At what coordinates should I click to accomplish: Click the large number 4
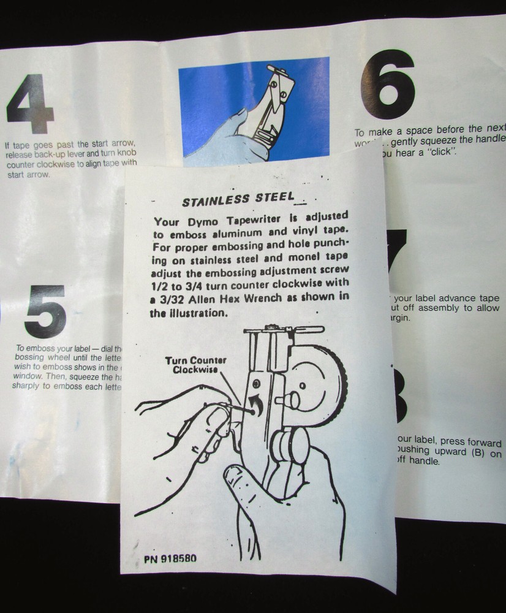(x=30, y=104)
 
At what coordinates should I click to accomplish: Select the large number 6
(x=388, y=84)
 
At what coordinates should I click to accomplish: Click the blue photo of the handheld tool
(x=254, y=109)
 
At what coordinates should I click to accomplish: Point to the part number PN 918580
(x=170, y=559)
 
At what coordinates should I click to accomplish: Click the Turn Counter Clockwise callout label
(x=195, y=365)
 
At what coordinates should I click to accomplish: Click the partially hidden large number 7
(x=397, y=250)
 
